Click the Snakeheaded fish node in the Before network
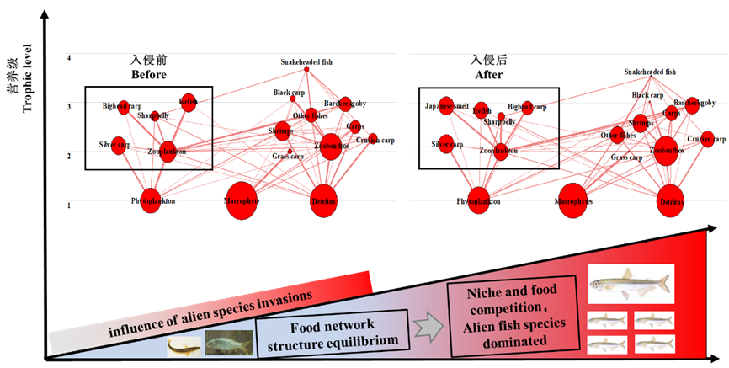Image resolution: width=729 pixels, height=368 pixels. pyautogui.click(x=306, y=69)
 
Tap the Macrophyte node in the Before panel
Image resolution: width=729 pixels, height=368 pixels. pyautogui.click(x=242, y=200)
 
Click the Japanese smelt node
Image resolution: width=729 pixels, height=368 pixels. pyautogui.click(x=446, y=107)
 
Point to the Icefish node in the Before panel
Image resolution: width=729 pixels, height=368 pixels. pyautogui.click(x=189, y=102)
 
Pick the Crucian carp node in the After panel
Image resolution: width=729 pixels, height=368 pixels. pyautogui.click(x=708, y=139)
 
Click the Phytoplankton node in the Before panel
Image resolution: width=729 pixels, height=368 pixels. pyautogui.click(x=151, y=200)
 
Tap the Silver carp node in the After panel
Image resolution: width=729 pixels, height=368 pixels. pyautogui.click(x=446, y=143)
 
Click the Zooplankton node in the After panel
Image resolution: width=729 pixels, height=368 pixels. pyautogui.click(x=501, y=152)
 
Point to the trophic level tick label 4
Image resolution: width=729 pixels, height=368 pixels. pyautogui.click(x=69, y=57)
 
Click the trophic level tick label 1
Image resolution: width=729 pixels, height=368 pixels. pyautogui.click(x=69, y=205)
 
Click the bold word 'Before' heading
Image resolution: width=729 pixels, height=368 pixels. pyautogui.click(x=148, y=74)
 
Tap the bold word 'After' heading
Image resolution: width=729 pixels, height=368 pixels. pyautogui.click(x=487, y=74)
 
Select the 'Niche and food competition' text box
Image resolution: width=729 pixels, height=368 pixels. pyautogui.click(x=513, y=313)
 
